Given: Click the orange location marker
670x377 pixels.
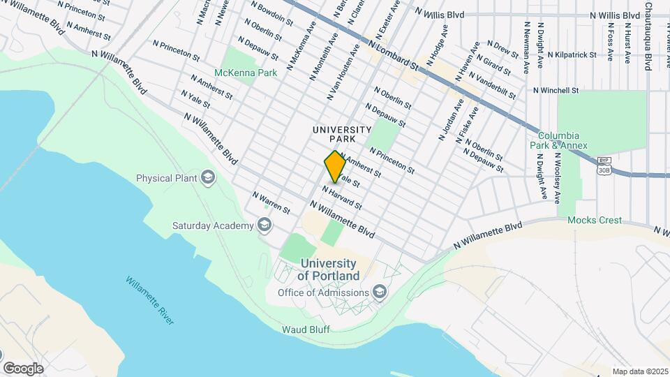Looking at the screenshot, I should pos(335,167).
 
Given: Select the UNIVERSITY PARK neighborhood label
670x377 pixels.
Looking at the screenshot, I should pos(342,134).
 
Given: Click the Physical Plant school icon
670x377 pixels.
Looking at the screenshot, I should pos(207,178).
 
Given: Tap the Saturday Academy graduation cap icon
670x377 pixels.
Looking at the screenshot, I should pos(264,225).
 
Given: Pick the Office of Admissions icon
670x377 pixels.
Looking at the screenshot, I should pos(379,292).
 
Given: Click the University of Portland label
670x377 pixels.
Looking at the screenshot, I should pos(327,269).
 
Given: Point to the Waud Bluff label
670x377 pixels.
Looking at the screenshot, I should pos(305,329).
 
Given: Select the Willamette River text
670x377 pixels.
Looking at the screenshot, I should pos(150,300).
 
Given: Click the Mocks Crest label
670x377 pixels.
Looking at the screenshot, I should pos(594,220).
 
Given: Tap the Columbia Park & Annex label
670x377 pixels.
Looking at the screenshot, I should pos(563,140).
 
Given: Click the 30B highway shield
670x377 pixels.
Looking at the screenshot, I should pos(604,168).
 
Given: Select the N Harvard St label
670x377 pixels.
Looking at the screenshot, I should pos(341,198).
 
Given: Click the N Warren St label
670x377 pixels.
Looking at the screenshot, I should pos(271,203).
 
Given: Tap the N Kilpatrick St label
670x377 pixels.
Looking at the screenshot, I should pos(572,54).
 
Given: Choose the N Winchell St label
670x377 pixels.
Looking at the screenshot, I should pos(556,90).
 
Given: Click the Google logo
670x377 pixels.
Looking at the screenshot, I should pos(23,368).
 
